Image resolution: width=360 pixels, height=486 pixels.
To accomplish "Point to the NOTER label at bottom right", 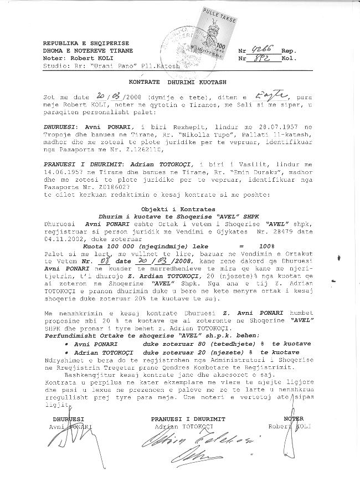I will [x=294, y=419].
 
